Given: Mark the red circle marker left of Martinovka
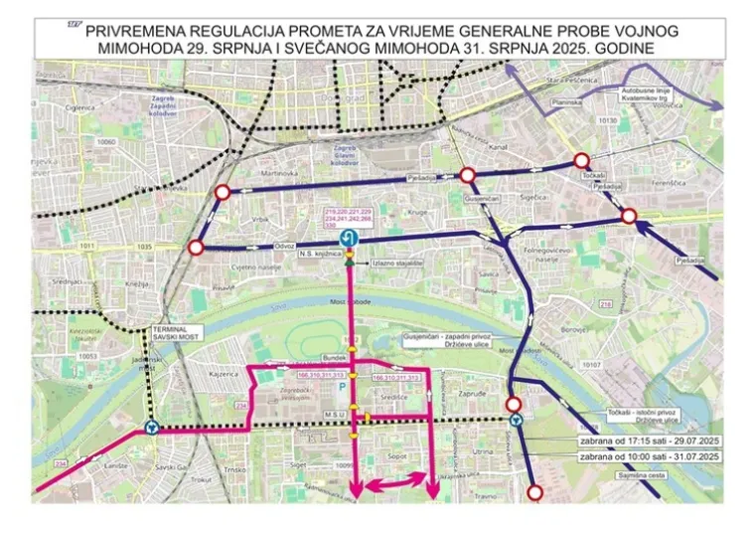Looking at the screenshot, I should [223, 193].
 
